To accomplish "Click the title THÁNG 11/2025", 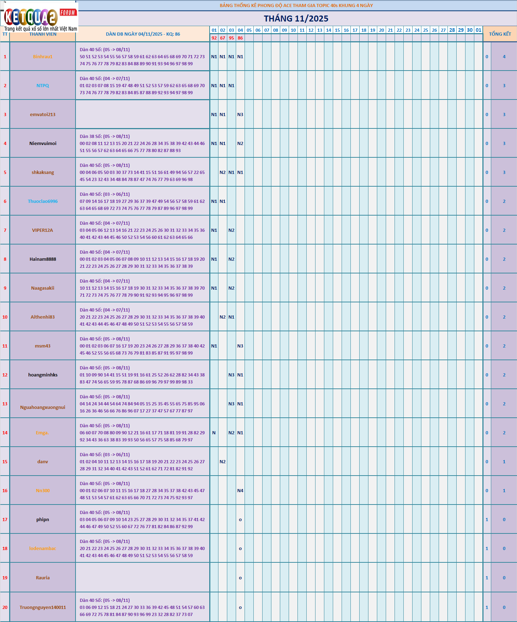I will (x=296, y=19).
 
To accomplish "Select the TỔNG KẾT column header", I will (x=500, y=34).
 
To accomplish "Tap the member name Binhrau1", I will (x=43, y=57).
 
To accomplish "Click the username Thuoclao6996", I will (x=43, y=201).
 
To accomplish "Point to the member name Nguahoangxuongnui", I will (x=43, y=407).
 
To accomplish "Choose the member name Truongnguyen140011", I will (x=43, y=607).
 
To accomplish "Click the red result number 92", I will (x=214, y=38).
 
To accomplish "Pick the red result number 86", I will (x=240, y=38).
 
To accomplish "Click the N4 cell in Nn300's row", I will (x=240, y=491).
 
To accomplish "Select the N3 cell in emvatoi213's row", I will (x=240, y=115).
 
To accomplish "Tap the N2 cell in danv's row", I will (x=223, y=462).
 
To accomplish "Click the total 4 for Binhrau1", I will (x=504, y=57).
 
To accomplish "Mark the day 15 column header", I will (x=337, y=30).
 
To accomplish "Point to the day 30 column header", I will (x=470, y=30).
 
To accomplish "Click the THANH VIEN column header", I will (x=43, y=34).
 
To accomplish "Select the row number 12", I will (x=5, y=375).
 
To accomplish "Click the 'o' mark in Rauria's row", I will (x=240, y=578).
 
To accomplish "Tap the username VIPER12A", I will (x=43, y=230).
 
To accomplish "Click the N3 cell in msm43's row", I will (x=240, y=346).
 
